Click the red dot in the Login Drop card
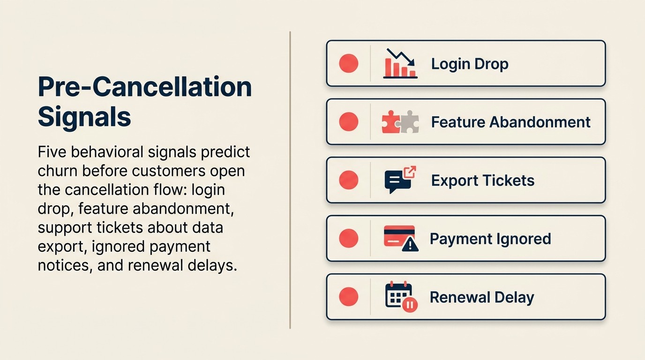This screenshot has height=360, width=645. pos(348,63)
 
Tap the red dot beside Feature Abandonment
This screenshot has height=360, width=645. pos(348,122)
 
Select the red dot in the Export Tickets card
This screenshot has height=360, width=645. pos(348,180)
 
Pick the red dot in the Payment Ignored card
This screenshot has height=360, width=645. pos(348,238)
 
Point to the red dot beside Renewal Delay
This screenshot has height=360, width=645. pos(348,297)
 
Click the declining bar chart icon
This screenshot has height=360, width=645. pos(400,63)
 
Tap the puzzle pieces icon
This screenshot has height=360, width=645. pos(400,122)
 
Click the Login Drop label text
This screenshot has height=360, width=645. pos(470,64)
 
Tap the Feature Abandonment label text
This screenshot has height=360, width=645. pos(510,122)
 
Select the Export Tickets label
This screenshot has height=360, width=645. pos(482,180)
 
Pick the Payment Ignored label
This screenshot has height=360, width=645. pos(490,239)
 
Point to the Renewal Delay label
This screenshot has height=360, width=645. pos(481,297)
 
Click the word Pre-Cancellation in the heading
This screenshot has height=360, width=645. pos(145,87)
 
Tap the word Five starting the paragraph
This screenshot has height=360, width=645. pos(53,152)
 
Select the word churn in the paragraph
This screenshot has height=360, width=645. pos(58,171)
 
